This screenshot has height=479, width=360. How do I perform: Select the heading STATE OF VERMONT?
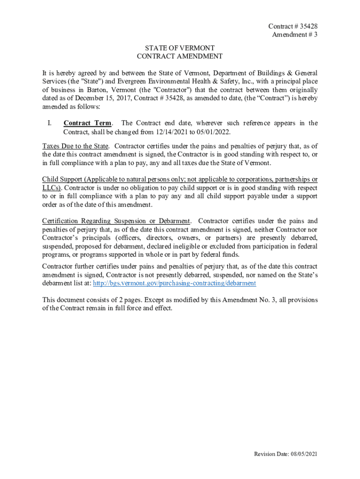(x=180, y=48)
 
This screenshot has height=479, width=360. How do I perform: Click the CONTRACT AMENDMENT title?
(x=180, y=56)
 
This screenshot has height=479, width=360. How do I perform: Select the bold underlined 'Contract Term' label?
(x=87, y=123)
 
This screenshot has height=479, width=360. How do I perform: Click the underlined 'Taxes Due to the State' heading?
(x=75, y=146)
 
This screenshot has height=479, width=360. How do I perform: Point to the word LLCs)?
(x=51, y=188)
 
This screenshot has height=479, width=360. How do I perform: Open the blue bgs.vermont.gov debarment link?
(x=174, y=283)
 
